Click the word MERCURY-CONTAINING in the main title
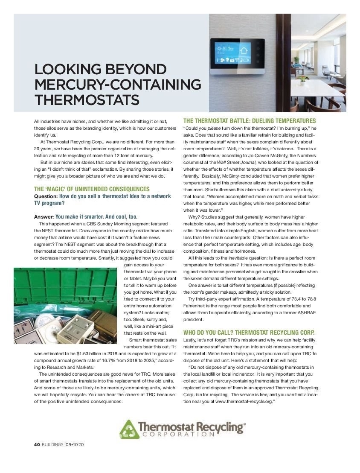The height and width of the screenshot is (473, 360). click(117, 84)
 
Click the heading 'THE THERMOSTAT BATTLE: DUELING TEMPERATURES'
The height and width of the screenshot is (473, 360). click(250, 121)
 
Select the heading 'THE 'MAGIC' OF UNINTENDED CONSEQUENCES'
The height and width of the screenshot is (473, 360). click(92, 189)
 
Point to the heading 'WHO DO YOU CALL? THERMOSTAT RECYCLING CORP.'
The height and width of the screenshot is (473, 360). click(249, 332)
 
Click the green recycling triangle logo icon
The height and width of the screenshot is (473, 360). click(128, 429)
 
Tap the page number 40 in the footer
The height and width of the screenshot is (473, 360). click(37, 444)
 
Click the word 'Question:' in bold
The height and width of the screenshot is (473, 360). click(46, 196)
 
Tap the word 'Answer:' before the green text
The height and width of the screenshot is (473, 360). click(44, 216)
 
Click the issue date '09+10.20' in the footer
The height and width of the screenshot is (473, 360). click(75, 444)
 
